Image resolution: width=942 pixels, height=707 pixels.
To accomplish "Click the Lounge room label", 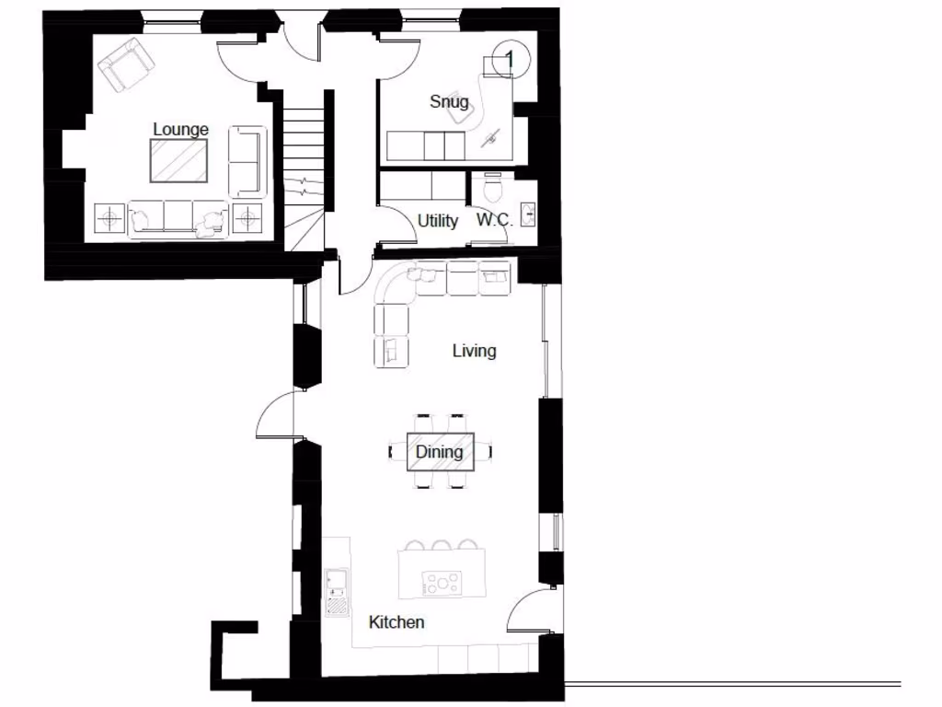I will click(x=180, y=130).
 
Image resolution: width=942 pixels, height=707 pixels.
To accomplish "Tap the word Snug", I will click(x=449, y=101).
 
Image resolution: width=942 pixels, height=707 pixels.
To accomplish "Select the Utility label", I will click(x=438, y=221).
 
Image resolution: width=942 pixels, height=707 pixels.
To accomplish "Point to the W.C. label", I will click(x=494, y=221).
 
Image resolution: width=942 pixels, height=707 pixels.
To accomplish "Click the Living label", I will click(x=474, y=351).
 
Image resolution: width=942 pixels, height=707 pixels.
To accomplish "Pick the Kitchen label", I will click(x=396, y=622).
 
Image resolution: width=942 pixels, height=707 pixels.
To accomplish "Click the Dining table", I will click(x=441, y=452).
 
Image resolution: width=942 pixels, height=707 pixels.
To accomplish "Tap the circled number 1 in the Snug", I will click(x=509, y=59).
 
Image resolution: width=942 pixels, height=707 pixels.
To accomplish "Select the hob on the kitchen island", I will click(x=442, y=582).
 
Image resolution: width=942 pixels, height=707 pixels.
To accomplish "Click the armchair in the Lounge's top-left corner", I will click(x=126, y=64).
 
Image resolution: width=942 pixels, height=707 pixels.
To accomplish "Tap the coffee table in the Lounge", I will click(x=180, y=160).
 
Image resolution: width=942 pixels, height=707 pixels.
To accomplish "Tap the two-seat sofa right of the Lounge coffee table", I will click(x=247, y=162).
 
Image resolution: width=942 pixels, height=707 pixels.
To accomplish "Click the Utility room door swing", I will click(x=397, y=226).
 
